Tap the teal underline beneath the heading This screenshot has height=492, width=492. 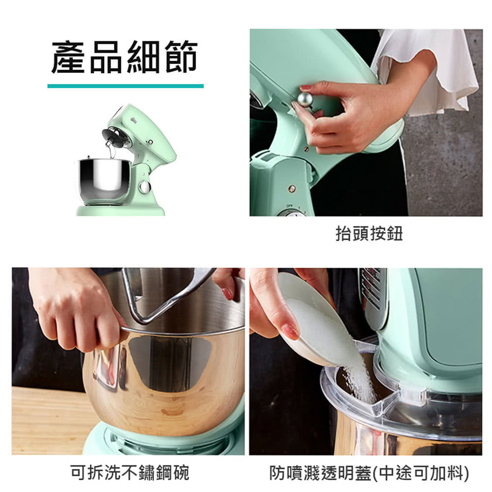click(x=125, y=86)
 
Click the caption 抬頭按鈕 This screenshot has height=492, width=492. click(x=369, y=233)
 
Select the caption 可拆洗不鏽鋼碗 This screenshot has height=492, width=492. click(x=129, y=472)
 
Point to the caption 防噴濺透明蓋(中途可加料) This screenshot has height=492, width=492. click(x=369, y=473)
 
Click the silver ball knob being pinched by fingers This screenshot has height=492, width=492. click(x=305, y=99)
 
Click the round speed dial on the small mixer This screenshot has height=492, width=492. click(x=145, y=187)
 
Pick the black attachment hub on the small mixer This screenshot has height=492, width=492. click(x=114, y=137)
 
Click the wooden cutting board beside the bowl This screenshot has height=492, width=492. click(x=50, y=421)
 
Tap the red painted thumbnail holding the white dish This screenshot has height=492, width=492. click(x=290, y=331)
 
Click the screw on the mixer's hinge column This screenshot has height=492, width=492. click(x=291, y=188)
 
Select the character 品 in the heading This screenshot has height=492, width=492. click(x=106, y=57)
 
